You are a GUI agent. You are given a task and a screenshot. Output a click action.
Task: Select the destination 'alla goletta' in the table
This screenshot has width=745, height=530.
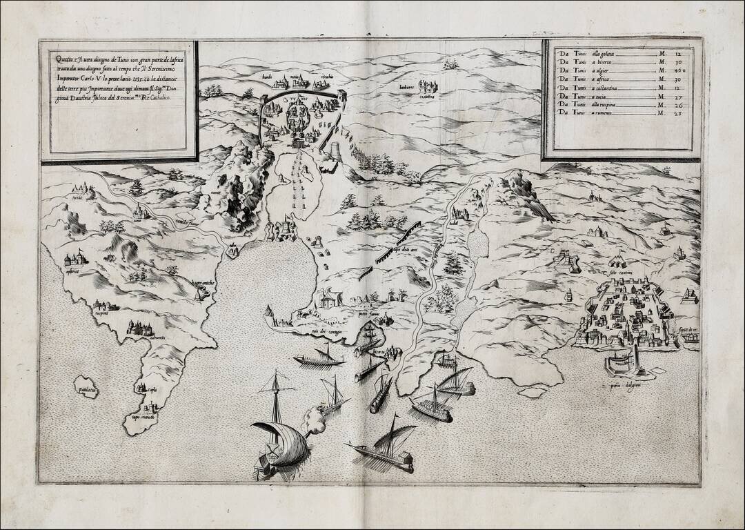(x=602, y=52)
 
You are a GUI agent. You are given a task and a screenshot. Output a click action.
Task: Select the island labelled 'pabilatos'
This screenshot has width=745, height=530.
(x=86, y=389)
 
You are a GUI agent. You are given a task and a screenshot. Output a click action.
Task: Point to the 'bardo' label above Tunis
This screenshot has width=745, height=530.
(x=266, y=76)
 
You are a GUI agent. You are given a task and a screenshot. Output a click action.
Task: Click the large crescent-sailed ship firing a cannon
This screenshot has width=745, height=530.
(x=279, y=442)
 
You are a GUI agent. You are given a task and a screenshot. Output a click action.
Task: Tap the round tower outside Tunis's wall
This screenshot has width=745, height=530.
(x=335, y=150)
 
